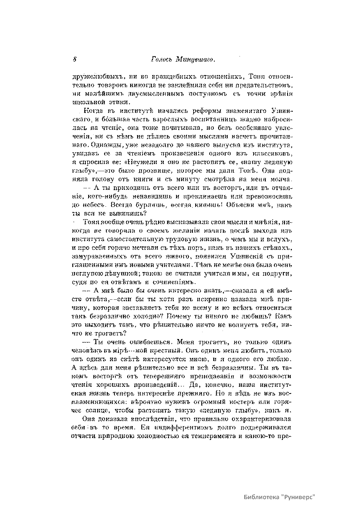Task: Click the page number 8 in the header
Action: click(x=74, y=59)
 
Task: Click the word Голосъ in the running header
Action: click(x=161, y=59)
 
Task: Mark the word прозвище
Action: click(x=165, y=171)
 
